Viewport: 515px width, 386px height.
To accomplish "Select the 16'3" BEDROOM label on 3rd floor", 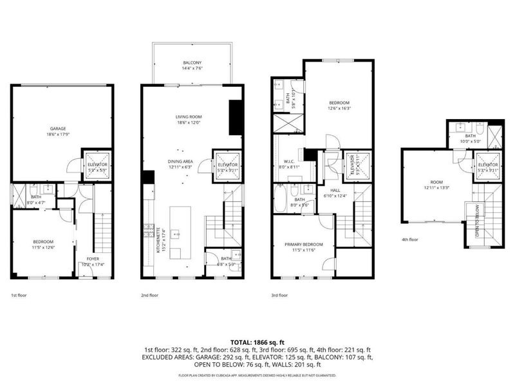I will tap(339, 106).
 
